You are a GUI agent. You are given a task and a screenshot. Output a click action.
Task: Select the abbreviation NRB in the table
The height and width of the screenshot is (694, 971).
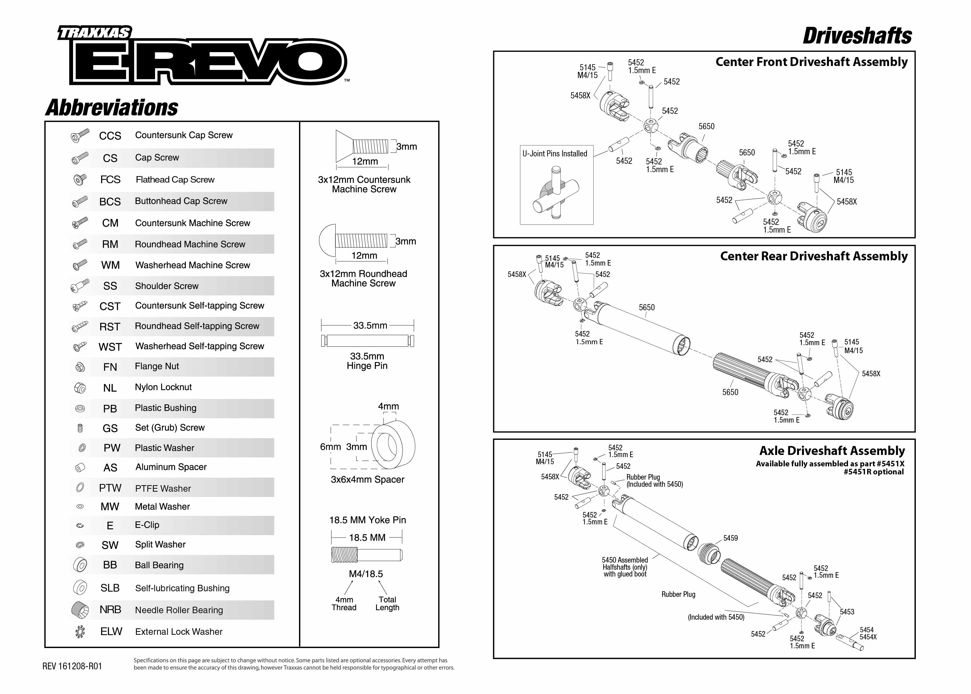click(110, 609)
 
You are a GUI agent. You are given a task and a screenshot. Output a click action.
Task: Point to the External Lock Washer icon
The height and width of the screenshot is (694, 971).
click(80, 632)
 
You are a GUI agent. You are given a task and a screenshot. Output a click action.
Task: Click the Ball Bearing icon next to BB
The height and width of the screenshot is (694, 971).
click(80, 565)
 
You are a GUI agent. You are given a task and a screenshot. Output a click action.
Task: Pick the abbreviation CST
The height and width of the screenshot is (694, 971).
click(110, 306)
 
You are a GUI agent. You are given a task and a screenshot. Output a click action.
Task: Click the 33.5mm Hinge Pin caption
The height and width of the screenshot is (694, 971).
click(367, 361)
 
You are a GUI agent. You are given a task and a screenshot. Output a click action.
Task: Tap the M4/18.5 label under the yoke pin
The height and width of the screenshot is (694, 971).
click(366, 574)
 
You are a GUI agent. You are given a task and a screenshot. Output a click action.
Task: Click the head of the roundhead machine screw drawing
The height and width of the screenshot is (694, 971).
click(327, 241)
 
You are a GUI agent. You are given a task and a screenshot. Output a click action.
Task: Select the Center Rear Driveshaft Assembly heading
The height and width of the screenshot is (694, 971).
click(813, 256)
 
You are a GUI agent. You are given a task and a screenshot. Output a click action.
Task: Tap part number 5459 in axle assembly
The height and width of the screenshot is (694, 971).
click(730, 538)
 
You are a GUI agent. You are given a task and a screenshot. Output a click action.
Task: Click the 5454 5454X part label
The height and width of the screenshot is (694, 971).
click(868, 633)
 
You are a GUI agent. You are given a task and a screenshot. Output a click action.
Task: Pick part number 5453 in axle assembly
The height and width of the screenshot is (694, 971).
click(847, 612)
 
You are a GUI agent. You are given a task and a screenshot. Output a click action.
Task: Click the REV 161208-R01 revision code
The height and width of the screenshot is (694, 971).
click(72, 666)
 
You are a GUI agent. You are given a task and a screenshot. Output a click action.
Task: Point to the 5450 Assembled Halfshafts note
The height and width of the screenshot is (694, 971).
click(625, 567)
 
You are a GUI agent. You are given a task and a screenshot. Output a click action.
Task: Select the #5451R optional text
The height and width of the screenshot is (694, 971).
click(873, 472)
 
